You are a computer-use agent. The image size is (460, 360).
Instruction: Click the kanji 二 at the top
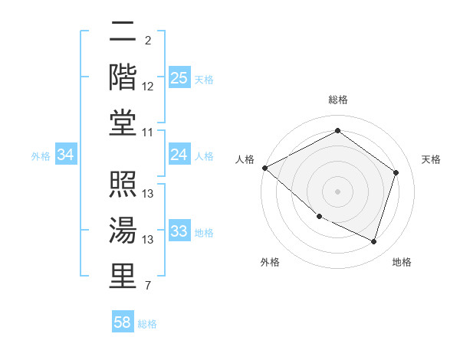click(123, 34)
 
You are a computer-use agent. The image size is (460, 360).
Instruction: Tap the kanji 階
click(123, 77)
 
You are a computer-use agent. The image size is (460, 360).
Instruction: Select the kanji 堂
click(123, 122)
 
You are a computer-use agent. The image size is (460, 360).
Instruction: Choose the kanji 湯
click(123, 230)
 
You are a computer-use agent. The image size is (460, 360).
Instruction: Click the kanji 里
click(123, 274)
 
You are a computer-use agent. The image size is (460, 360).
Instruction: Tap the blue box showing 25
click(179, 78)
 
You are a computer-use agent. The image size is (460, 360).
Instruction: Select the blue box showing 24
click(179, 155)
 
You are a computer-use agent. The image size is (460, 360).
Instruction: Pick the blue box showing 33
click(179, 231)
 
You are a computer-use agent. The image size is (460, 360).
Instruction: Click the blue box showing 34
click(66, 155)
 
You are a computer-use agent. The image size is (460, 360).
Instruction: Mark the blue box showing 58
click(123, 322)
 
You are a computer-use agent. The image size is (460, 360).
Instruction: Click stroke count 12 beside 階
click(148, 87)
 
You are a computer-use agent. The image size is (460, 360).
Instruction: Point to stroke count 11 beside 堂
click(148, 133)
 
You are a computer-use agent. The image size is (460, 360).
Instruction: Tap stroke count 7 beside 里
click(147, 286)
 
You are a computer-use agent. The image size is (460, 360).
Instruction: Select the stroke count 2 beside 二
click(147, 41)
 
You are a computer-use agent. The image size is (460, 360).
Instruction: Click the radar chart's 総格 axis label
click(337, 100)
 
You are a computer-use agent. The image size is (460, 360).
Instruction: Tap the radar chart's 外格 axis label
click(270, 262)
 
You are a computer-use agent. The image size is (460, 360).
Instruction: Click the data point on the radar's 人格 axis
click(264, 168)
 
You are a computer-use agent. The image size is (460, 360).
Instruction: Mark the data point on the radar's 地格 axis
click(373, 242)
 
